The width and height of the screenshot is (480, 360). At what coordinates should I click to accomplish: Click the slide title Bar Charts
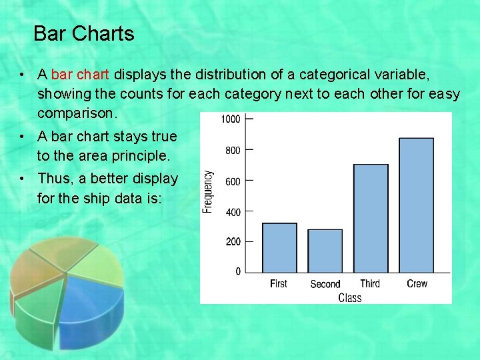click(83, 33)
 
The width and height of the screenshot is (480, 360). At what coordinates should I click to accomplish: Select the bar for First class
click(279, 247)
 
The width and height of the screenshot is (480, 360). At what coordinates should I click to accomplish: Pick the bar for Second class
click(325, 251)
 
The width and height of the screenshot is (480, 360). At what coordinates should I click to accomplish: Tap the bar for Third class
click(370, 218)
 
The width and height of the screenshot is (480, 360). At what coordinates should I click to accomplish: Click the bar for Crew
click(416, 205)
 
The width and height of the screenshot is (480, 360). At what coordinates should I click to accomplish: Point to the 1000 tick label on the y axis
click(230, 119)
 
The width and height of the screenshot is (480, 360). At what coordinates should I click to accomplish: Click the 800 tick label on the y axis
click(233, 151)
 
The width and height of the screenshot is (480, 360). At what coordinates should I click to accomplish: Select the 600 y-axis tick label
click(233, 181)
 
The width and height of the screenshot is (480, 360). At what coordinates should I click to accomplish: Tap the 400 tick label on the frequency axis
click(233, 212)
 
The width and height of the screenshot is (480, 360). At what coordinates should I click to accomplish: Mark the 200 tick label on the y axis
click(233, 242)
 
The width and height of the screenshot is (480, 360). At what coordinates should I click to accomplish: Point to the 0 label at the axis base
click(238, 271)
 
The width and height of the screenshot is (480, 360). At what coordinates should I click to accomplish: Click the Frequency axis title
click(208, 192)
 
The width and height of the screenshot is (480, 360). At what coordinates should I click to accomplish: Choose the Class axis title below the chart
click(349, 298)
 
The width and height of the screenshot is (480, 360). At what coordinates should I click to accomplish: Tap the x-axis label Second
click(325, 284)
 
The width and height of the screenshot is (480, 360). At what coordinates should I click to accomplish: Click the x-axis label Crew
click(417, 283)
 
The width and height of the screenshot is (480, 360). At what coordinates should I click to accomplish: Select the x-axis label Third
click(370, 283)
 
